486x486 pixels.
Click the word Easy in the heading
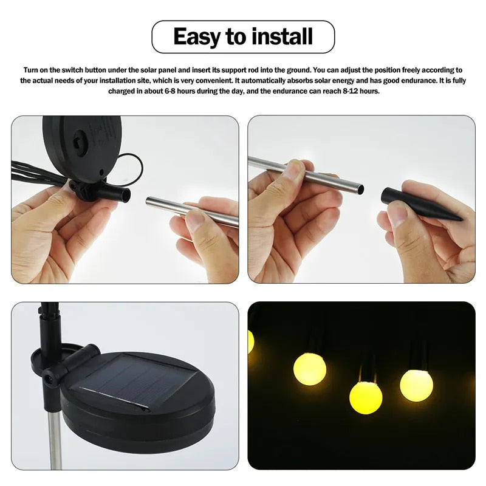point(197,36)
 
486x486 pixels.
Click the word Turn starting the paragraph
point(31,70)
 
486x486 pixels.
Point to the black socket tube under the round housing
point(115,194)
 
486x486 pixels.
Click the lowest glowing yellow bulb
point(366,397)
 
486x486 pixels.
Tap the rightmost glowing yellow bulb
point(416,384)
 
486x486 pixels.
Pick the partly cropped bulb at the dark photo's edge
point(251,341)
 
